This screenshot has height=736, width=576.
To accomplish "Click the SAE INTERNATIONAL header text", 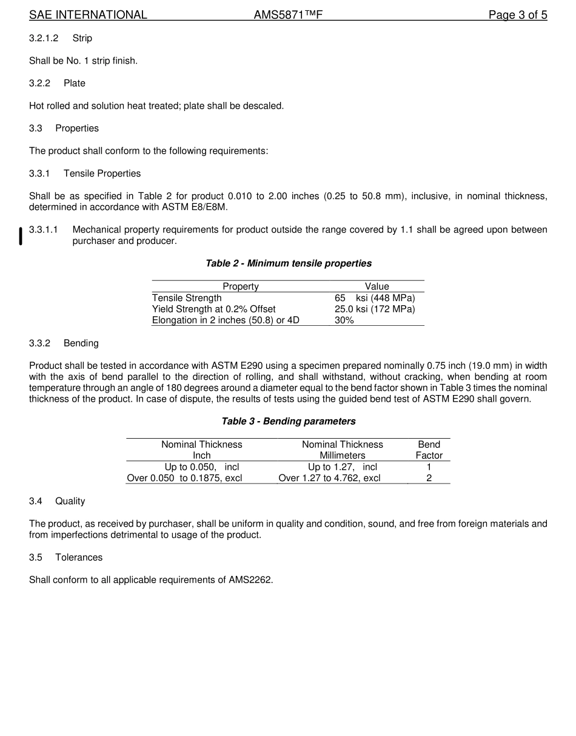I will click(x=88, y=15).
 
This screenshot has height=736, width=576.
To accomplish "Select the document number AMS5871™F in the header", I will click(x=288, y=15).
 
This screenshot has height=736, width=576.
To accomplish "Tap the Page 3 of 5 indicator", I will click(x=518, y=15).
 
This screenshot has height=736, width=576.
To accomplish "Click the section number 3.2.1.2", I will click(x=44, y=38).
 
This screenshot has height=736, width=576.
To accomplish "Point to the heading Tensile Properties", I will click(x=102, y=174).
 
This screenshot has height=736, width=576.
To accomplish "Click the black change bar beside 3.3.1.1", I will click(x=21, y=235).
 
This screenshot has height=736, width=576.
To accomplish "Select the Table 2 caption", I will click(x=289, y=263).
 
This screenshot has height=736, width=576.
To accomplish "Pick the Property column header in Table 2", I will click(x=241, y=286).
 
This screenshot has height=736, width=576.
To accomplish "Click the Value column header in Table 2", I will click(x=377, y=286).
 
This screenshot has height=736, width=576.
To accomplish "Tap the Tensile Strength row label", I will click(x=187, y=298).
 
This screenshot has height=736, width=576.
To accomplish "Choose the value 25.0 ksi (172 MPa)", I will click(x=375, y=309).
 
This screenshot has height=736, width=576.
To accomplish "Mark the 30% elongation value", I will click(x=344, y=320).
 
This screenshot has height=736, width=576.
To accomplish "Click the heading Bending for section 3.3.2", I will click(x=81, y=343).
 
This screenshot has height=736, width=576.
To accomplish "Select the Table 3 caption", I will click(x=289, y=421).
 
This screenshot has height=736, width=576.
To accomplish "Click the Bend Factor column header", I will click(x=429, y=450).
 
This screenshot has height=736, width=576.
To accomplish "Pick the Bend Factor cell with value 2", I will click(x=429, y=478).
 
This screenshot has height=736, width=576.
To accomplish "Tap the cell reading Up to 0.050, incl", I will click(x=202, y=467).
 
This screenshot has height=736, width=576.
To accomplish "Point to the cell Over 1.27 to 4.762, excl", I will click(x=329, y=478).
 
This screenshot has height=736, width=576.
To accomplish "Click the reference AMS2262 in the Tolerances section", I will click(x=250, y=580).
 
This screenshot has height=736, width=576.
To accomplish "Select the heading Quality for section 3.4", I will click(x=70, y=501).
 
